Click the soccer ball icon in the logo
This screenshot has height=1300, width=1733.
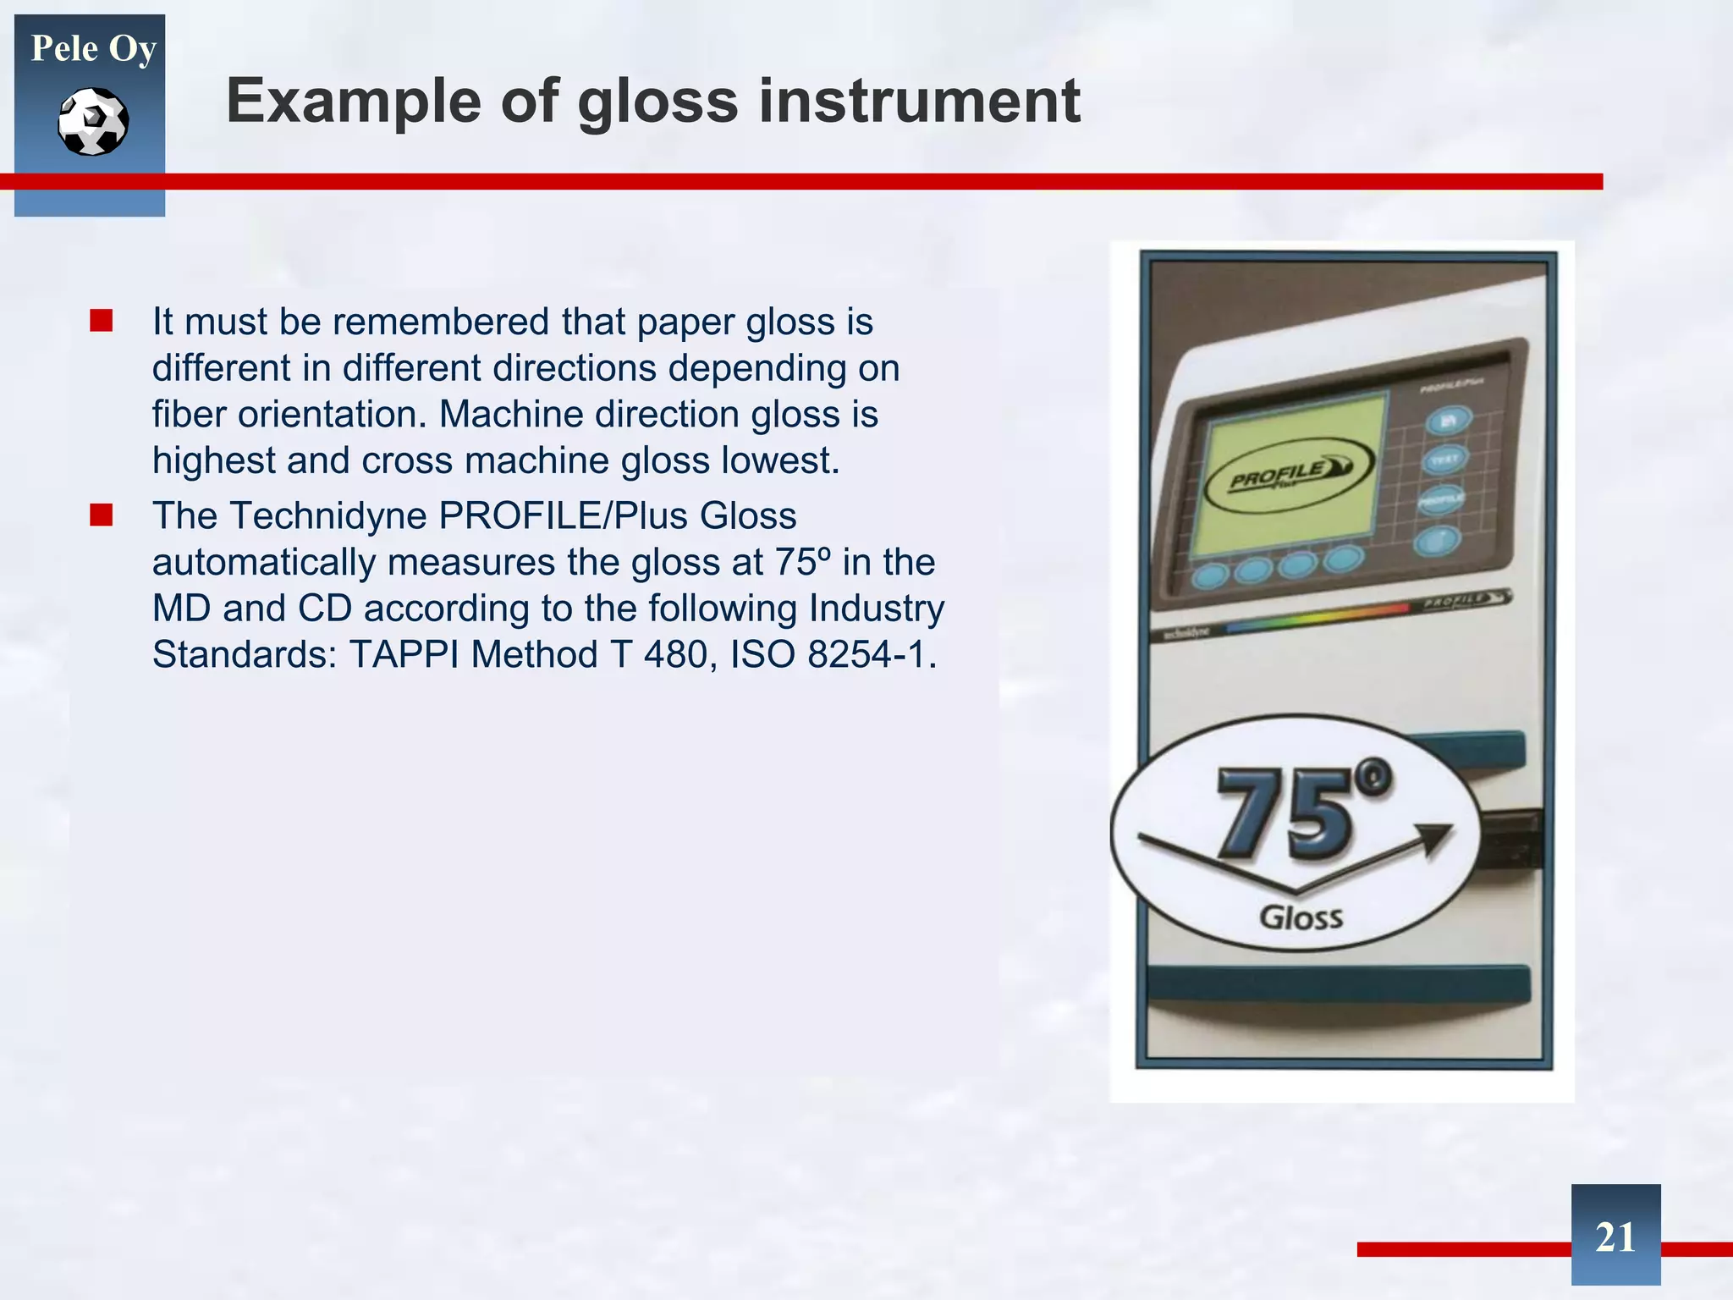[x=93, y=122]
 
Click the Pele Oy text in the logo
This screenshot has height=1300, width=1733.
[x=93, y=48]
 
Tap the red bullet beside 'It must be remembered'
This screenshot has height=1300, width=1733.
[x=102, y=322]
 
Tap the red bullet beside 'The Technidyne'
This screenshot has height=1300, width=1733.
[x=102, y=515]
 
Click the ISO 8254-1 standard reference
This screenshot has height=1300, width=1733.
[x=833, y=655]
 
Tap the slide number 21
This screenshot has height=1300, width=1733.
[x=1615, y=1237]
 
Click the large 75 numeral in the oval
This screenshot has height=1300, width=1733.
[x=1286, y=812]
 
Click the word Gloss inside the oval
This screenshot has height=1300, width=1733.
[x=1301, y=917]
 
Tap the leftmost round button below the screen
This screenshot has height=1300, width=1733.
[x=1210, y=576]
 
